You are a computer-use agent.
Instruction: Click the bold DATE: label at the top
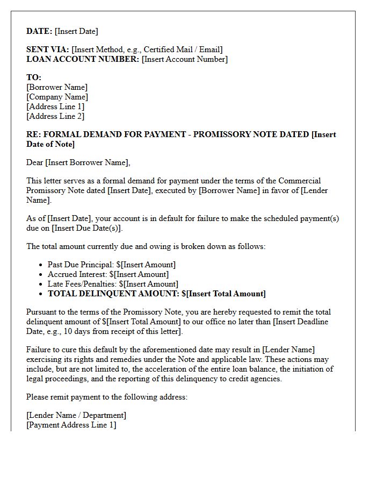click(x=39, y=31)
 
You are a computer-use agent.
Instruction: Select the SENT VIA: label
click(x=48, y=49)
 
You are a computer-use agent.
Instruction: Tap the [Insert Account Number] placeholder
click(x=184, y=59)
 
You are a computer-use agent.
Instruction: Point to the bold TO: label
click(x=34, y=77)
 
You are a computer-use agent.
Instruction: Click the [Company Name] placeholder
click(x=57, y=97)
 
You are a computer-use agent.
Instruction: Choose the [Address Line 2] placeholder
click(x=55, y=116)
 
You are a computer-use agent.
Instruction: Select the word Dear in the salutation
click(x=34, y=162)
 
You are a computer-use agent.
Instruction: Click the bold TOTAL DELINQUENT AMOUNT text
click(x=113, y=294)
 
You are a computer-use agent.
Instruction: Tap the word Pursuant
click(x=42, y=312)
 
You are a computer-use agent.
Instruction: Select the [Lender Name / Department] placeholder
click(x=76, y=415)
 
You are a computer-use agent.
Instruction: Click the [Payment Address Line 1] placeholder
click(x=71, y=425)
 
